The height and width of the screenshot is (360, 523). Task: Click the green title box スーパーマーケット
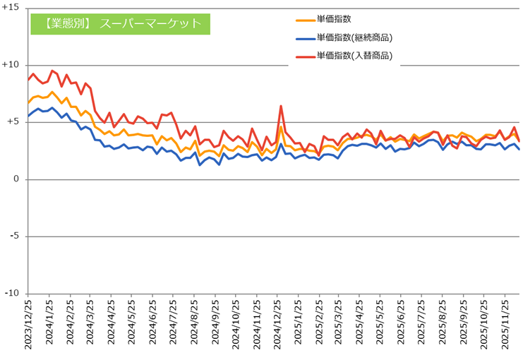tap(120, 23)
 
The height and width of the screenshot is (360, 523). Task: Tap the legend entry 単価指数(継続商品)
tap(354, 37)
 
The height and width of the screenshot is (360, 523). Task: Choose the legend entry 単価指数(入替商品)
tap(354, 55)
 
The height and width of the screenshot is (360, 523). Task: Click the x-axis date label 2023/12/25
tap(28, 325)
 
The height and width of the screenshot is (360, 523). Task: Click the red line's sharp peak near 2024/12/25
tap(281, 107)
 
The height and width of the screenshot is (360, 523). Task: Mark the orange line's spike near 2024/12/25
tap(281, 127)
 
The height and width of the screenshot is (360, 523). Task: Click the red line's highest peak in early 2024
tap(52, 71)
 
